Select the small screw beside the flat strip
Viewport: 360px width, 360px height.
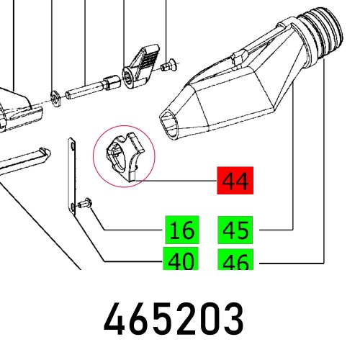point(84,204)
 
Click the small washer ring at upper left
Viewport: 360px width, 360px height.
point(55,94)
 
